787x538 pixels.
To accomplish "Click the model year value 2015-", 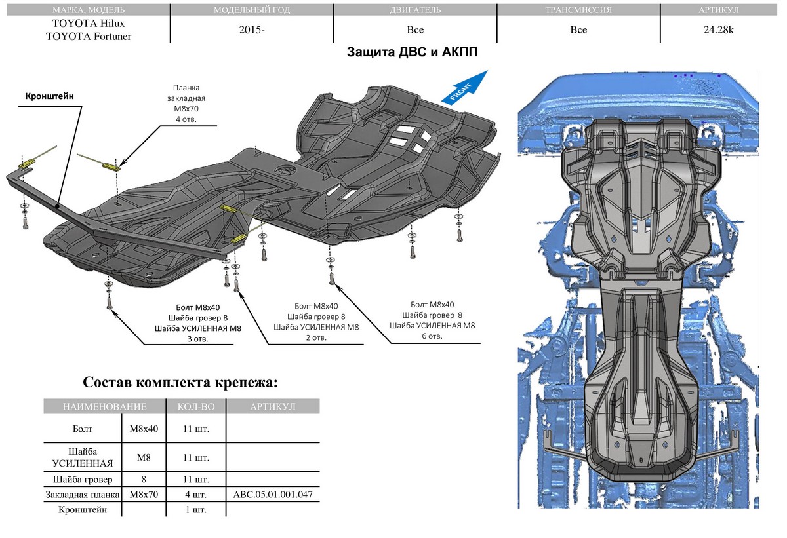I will coord(252,30).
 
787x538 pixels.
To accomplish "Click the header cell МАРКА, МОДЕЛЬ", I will coord(85,10).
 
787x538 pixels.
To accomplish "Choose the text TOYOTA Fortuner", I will coord(89,37).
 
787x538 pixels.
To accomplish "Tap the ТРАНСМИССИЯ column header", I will coord(578,10).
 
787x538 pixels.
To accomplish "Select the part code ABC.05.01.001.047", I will coord(272,494).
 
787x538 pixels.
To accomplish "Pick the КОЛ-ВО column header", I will coord(196,407).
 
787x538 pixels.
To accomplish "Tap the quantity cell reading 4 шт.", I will coord(196,494).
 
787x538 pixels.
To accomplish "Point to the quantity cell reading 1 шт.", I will coord(196,509).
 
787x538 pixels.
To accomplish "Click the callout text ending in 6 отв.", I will coord(432,320).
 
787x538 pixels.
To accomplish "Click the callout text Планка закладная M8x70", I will coord(186,104).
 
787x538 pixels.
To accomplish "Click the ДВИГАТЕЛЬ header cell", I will coord(414,10).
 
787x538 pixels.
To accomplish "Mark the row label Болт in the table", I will coord(83,429).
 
